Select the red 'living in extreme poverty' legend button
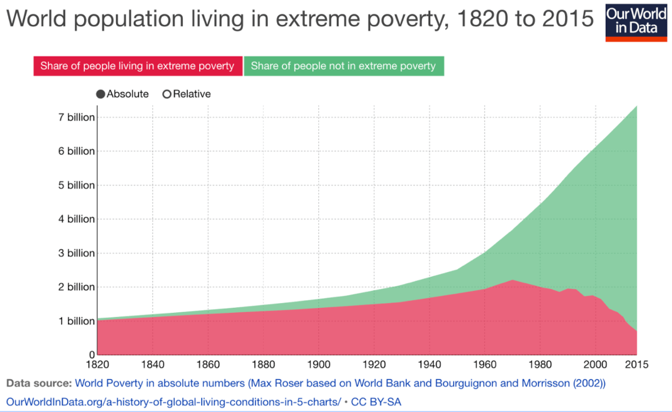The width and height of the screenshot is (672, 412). click(138, 66)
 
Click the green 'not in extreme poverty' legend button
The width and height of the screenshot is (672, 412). click(343, 66)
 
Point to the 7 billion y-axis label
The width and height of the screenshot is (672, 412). click(77, 117)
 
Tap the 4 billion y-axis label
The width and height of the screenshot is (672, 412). click(77, 219)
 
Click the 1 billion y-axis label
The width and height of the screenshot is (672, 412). click(77, 321)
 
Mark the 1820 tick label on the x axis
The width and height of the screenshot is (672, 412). click(97, 364)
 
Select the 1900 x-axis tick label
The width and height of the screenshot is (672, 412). click(319, 364)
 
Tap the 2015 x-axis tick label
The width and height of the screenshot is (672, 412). click(637, 364)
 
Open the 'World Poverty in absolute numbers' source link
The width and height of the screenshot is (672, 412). click(340, 383)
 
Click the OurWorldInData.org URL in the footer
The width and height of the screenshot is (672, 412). click(173, 402)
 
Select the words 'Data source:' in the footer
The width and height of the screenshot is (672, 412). click(39, 383)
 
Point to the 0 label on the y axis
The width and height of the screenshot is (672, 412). click(92, 355)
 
